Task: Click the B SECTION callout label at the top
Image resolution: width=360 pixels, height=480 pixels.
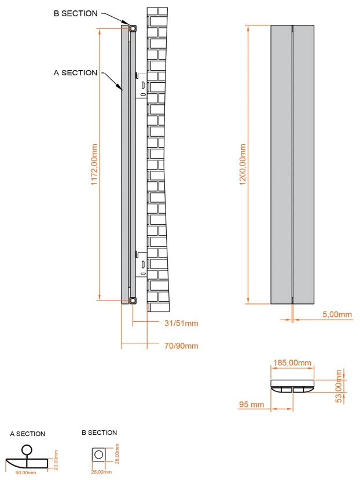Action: click(x=75, y=13)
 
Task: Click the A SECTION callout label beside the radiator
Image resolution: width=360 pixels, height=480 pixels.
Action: click(x=75, y=72)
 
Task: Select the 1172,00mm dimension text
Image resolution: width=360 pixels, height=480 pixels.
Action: click(x=94, y=164)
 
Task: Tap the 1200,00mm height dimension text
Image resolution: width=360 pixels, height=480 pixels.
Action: click(x=243, y=164)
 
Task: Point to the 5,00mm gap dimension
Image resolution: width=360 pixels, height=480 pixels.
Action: click(x=336, y=314)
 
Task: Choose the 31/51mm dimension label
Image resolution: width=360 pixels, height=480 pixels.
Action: click(x=181, y=323)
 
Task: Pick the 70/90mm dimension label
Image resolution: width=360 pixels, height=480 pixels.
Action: click(x=181, y=346)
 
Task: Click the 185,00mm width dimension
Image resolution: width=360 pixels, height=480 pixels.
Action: click(x=292, y=363)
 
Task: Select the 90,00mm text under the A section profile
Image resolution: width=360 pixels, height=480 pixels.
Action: click(x=27, y=472)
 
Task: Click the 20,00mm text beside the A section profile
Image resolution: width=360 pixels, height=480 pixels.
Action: click(x=56, y=460)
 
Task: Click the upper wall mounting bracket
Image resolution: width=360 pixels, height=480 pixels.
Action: click(x=141, y=85)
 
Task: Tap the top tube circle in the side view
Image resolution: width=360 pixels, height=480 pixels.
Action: click(x=133, y=27)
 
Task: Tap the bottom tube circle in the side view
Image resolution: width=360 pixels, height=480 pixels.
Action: click(x=133, y=300)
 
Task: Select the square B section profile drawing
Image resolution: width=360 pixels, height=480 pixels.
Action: click(x=99, y=455)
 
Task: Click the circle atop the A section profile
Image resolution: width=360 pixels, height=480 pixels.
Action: click(x=26, y=449)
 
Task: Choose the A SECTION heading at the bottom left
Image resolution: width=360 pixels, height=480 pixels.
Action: click(x=27, y=434)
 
